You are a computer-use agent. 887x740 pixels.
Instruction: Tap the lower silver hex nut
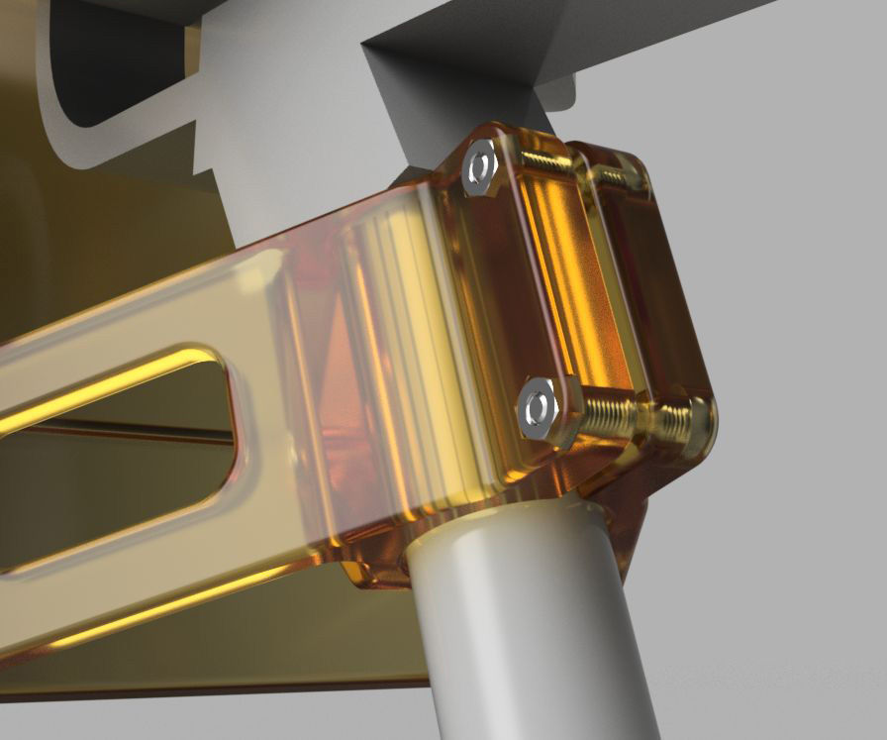[x=538, y=407]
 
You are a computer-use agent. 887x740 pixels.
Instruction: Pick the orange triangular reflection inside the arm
[x=342, y=367]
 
